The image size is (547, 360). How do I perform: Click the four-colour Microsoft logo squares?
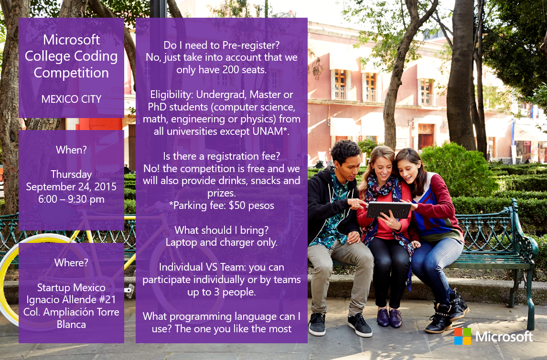coord(462,336)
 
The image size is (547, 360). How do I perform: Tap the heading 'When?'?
coord(71,150)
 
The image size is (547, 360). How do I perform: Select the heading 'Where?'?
coord(71,262)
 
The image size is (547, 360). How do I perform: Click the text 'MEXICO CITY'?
coord(71,99)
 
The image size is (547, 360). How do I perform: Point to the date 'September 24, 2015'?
coord(71,187)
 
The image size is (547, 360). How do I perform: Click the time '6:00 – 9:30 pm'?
coord(71,199)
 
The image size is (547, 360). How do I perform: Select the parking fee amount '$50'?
coord(237,205)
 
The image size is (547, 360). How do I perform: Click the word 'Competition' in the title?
coord(71,73)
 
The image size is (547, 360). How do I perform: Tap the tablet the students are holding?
coord(388,210)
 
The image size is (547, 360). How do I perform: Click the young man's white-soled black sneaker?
coord(359,325)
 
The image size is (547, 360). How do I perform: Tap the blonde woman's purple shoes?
coord(389,318)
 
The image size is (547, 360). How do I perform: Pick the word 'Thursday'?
coord(71,174)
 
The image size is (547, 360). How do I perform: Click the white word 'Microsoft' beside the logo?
coord(504,337)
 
